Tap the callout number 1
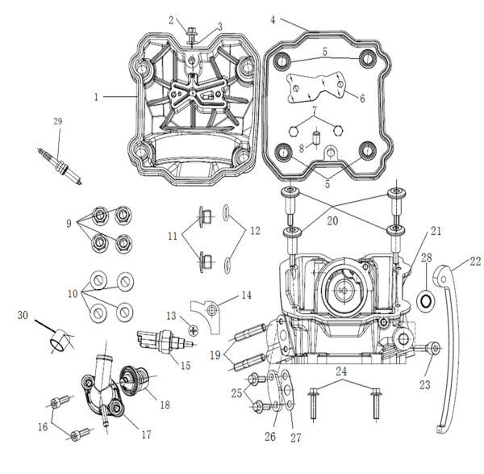[x=96, y=97]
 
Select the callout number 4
[x=273, y=19]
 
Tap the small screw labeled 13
[x=193, y=329]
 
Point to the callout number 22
[x=475, y=262]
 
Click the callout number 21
[x=436, y=232]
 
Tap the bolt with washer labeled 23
[x=433, y=349]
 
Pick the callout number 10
[x=72, y=296]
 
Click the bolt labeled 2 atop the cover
[x=194, y=32]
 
